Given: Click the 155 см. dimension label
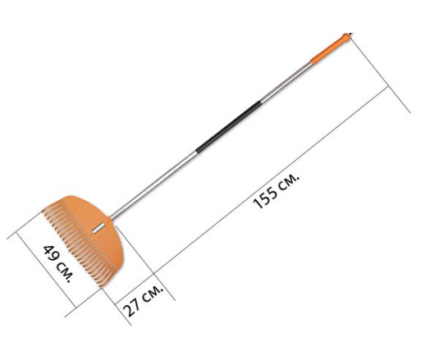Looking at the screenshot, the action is tap(276, 191).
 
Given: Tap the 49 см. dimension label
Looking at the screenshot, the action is tap(58, 263).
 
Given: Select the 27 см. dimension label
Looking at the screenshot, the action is tap(143, 301).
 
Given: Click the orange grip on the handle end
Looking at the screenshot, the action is tap(331, 49).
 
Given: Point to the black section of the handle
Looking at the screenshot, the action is tap(228, 127).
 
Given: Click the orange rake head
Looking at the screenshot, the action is tap(83, 240).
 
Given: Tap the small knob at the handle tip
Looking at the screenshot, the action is tap(346, 37).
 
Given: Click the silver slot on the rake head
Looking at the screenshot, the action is tap(98, 228).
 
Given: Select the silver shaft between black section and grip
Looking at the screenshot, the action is tap(286, 83).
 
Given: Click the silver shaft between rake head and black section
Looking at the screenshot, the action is tap(153, 185).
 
